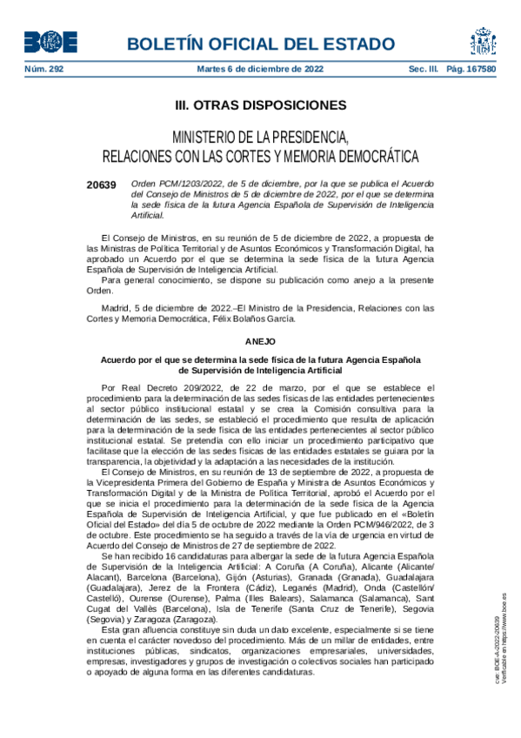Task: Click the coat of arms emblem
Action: pos(483,41)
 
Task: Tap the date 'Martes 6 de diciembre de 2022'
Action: pos(257,69)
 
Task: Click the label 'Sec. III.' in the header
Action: pos(424,69)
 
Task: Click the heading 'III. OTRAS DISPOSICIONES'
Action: pos(260,105)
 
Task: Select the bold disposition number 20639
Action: pos(101,184)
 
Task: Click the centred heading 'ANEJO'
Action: pos(260,343)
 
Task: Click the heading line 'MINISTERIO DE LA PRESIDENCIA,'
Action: pos(260,138)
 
